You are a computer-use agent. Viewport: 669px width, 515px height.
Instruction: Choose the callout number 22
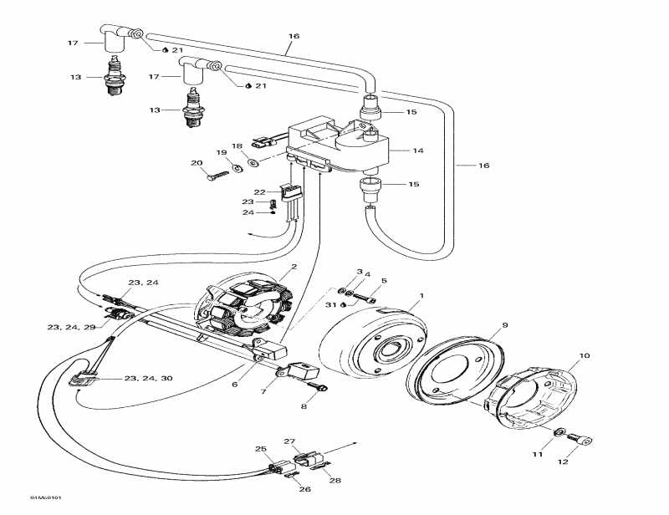[x=260, y=192]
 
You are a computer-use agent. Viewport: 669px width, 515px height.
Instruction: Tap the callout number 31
[x=331, y=303]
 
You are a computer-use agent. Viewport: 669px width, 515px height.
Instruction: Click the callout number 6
[x=234, y=384]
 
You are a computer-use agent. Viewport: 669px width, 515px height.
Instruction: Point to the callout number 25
[x=261, y=449]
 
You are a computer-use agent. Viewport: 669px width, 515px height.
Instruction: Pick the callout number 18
[x=237, y=145]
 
